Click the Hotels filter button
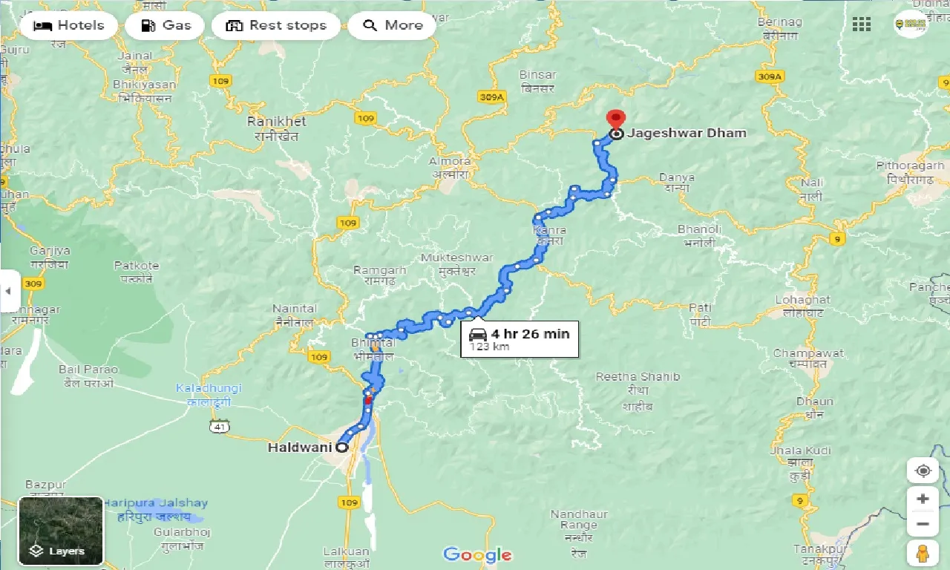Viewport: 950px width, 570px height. (68, 25)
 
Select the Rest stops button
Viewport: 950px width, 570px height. (275, 25)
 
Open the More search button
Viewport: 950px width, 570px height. (392, 25)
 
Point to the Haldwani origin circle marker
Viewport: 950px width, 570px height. (342, 448)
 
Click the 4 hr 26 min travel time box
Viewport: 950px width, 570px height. (520, 338)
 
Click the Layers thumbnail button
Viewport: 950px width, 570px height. (61, 531)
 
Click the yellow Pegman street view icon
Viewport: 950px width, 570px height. (923, 553)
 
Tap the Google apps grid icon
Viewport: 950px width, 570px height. (862, 24)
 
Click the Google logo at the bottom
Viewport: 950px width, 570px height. (477, 554)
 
